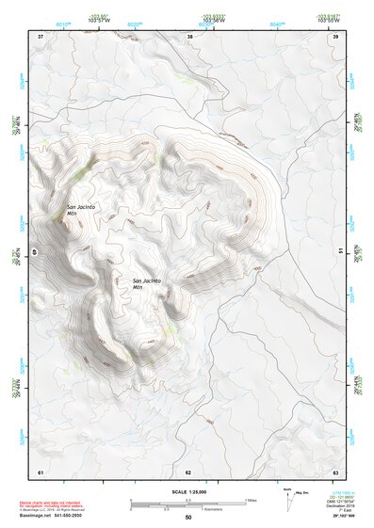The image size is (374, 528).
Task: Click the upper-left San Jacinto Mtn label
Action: tap(79, 210)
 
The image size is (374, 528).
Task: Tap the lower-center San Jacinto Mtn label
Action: tap(146, 284)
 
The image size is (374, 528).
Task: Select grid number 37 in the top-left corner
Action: tap(41, 37)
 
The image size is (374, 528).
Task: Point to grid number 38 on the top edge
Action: tap(190, 37)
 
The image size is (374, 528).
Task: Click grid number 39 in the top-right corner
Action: tap(335, 37)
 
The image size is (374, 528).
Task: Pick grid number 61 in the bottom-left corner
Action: tap(41, 471)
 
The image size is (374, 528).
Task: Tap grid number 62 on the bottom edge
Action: tap(188, 471)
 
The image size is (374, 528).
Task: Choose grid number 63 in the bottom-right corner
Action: tap(334, 471)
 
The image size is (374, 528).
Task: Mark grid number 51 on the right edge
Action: tap(339, 251)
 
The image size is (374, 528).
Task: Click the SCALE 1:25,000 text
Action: tap(187, 491)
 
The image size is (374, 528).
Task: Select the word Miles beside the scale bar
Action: tap(252, 500)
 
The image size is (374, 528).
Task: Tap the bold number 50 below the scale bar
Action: tap(187, 519)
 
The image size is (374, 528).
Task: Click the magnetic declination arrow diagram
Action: tap(290, 496)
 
